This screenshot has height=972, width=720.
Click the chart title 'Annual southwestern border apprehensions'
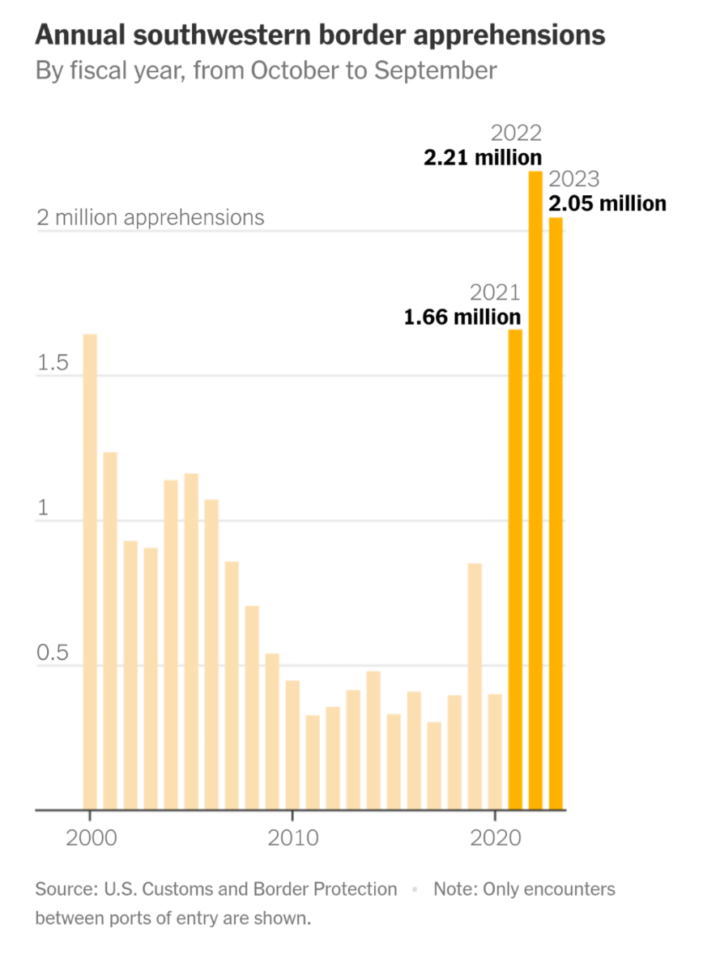(320, 35)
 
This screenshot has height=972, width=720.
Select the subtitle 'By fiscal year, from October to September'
(266, 70)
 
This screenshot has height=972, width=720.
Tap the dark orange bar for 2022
(535, 490)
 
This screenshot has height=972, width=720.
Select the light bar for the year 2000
(90, 572)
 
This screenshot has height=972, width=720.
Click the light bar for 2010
(292, 745)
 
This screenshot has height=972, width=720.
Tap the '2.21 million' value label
(483, 157)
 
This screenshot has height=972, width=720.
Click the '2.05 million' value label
(607, 203)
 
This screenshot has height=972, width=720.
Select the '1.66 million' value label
(462, 317)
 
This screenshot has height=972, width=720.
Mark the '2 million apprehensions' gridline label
(150, 218)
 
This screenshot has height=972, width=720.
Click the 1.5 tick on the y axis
(53, 364)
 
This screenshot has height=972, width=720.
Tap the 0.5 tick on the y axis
(53, 654)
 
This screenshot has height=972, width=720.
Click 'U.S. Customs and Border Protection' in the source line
(251, 889)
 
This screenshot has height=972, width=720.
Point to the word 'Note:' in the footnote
(456, 889)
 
